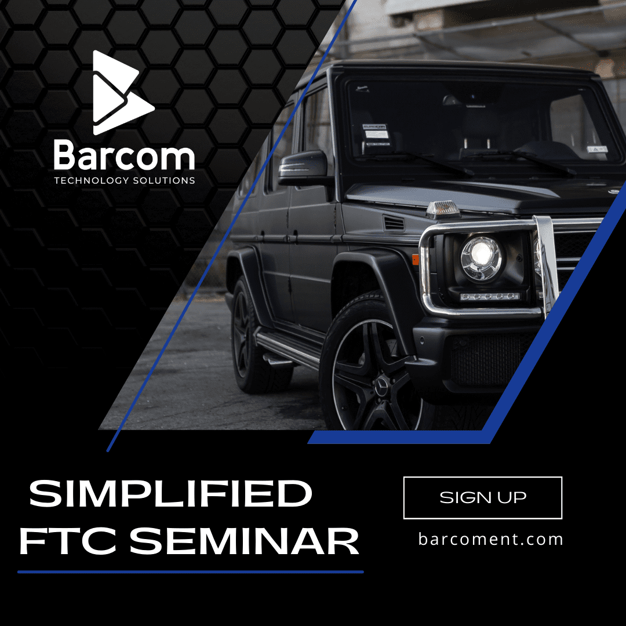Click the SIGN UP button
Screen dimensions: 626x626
click(x=483, y=497)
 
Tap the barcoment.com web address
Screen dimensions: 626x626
click(x=491, y=539)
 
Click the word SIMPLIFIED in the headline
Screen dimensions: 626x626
click(x=170, y=493)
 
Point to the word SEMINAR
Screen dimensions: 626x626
click(x=245, y=541)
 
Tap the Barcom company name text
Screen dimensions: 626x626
click(x=124, y=156)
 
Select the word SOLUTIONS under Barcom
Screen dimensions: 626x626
click(x=163, y=180)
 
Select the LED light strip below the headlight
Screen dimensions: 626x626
click(x=489, y=296)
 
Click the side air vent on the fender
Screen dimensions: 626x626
click(x=394, y=223)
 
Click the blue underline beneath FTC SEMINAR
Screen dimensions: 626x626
click(x=191, y=572)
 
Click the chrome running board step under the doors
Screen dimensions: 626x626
click(x=288, y=349)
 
